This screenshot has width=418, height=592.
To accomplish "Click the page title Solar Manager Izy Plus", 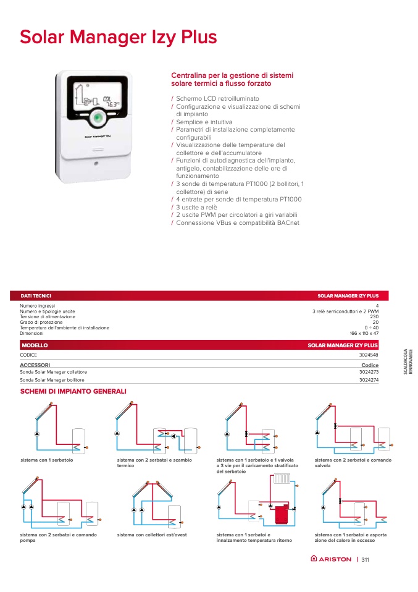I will click(119, 37).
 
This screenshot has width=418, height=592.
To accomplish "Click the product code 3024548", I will click(369, 355).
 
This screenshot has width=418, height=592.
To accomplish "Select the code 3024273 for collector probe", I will click(369, 372).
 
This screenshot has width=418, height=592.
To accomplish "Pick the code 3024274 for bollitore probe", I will click(369, 380).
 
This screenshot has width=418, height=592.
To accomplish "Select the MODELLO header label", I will click(35, 345).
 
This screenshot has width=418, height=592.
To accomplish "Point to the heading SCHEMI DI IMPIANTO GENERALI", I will click(73, 392).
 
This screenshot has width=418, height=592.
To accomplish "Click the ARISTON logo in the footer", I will click(331, 560).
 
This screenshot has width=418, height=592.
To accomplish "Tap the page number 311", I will click(366, 560).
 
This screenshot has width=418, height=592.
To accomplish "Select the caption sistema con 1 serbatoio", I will click(47, 460).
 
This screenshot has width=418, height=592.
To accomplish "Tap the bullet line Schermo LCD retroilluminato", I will click(217, 99).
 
